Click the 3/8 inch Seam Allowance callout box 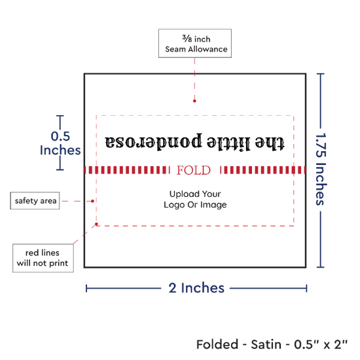[195, 43]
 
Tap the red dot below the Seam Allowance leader [194, 101]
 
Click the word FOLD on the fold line [194, 170]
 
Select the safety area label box [35, 201]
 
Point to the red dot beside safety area [92, 201]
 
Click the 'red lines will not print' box [43, 258]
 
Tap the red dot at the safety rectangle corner [96, 224]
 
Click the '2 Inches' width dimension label [196, 288]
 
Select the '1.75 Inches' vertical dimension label [321, 169]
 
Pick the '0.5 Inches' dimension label [60, 143]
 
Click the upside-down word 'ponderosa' [153, 141]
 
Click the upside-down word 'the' [270, 143]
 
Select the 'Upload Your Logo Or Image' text [195, 199]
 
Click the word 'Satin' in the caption [266, 344]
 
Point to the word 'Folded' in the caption [217, 344]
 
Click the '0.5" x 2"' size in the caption [321, 344]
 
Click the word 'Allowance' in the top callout [207, 49]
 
